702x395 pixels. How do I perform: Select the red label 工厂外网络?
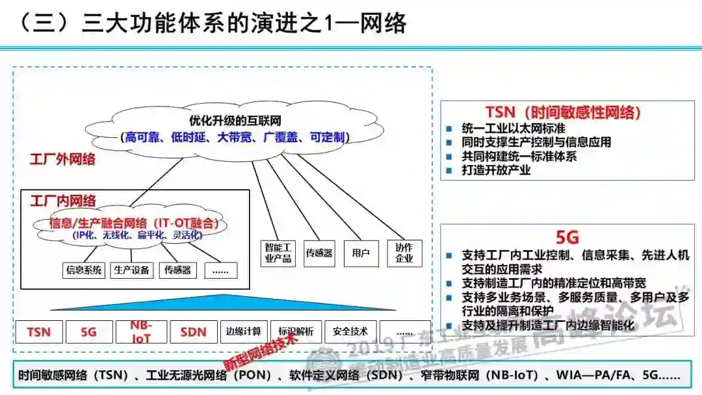(62, 159)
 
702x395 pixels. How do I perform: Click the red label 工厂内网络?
(63, 201)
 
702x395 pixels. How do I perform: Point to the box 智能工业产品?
(279, 253)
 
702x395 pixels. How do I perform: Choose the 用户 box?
(359, 253)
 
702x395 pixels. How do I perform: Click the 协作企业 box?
(404, 253)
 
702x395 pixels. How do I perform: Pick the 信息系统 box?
(84, 270)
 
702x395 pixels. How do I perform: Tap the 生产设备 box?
(132, 270)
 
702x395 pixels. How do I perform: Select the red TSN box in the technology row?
(39, 332)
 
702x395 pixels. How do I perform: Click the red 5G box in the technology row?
(88, 332)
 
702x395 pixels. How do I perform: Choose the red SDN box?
(193, 332)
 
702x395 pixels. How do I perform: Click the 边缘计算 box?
(244, 331)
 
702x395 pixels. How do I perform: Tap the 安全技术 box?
(350, 331)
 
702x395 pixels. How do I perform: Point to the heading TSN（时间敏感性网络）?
(563, 112)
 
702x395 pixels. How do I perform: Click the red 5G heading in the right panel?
(567, 237)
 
